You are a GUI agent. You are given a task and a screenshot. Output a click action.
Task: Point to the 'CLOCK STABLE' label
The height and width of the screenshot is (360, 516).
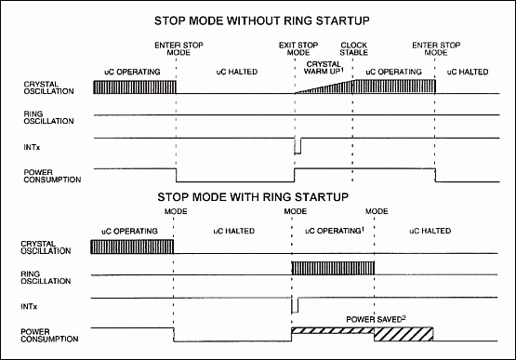(353, 49)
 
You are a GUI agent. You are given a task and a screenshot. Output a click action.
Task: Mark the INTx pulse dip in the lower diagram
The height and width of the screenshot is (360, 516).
(294, 305)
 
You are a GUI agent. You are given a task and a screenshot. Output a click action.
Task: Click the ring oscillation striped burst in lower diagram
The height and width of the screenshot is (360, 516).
(333, 270)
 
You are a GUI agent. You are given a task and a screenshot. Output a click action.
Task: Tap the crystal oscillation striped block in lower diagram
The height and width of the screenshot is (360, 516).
(133, 247)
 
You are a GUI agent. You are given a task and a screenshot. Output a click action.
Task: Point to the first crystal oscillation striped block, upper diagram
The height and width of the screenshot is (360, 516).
(135, 87)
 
